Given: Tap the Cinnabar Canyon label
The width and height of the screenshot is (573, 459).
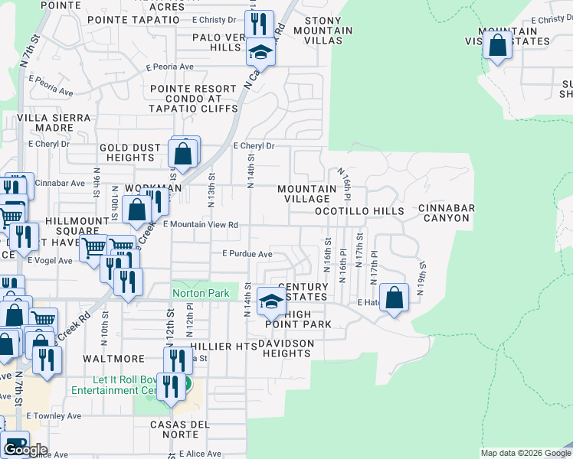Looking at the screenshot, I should pyautogui.click(x=447, y=213).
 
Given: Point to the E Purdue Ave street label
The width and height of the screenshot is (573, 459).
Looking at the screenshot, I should pyautogui.click(x=247, y=254).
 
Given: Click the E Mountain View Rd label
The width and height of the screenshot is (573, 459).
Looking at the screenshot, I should pyautogui.click(x=201, y=225).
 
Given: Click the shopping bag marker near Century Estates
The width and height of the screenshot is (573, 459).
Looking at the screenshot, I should pyautogui.click(x=394, y=298).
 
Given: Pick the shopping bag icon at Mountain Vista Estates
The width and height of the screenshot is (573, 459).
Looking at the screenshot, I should pyautogui.click(x=498, y=45).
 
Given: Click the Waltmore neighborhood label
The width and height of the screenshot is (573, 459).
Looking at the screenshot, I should pyautogui.click(x=114, y=358).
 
